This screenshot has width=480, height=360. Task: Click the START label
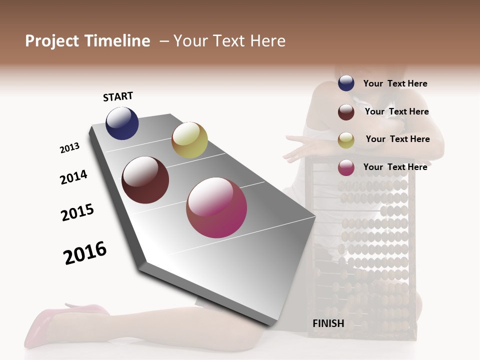(118, 96)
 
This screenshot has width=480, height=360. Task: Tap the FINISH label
(328, 323)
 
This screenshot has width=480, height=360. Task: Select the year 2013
(69, 148)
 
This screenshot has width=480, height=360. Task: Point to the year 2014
(73, 177)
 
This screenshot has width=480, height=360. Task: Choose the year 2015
(77, 212)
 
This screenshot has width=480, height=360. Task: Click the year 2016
(85, 252)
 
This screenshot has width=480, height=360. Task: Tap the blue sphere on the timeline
(122, 123)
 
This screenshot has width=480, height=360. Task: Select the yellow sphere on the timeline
(189, 140)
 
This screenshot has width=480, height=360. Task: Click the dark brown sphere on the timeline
(145, 180)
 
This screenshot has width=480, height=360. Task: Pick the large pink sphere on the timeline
(216, 207)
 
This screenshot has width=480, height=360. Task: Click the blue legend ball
(346, 83)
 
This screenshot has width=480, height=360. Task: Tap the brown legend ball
(346, 112)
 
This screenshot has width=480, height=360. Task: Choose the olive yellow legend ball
(346, 140)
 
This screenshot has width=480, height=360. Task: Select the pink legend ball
(346, 167)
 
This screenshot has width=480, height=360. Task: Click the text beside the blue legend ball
(395, 83)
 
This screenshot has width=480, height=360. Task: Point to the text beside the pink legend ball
(395, 167)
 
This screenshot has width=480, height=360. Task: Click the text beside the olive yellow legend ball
(397, 139)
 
